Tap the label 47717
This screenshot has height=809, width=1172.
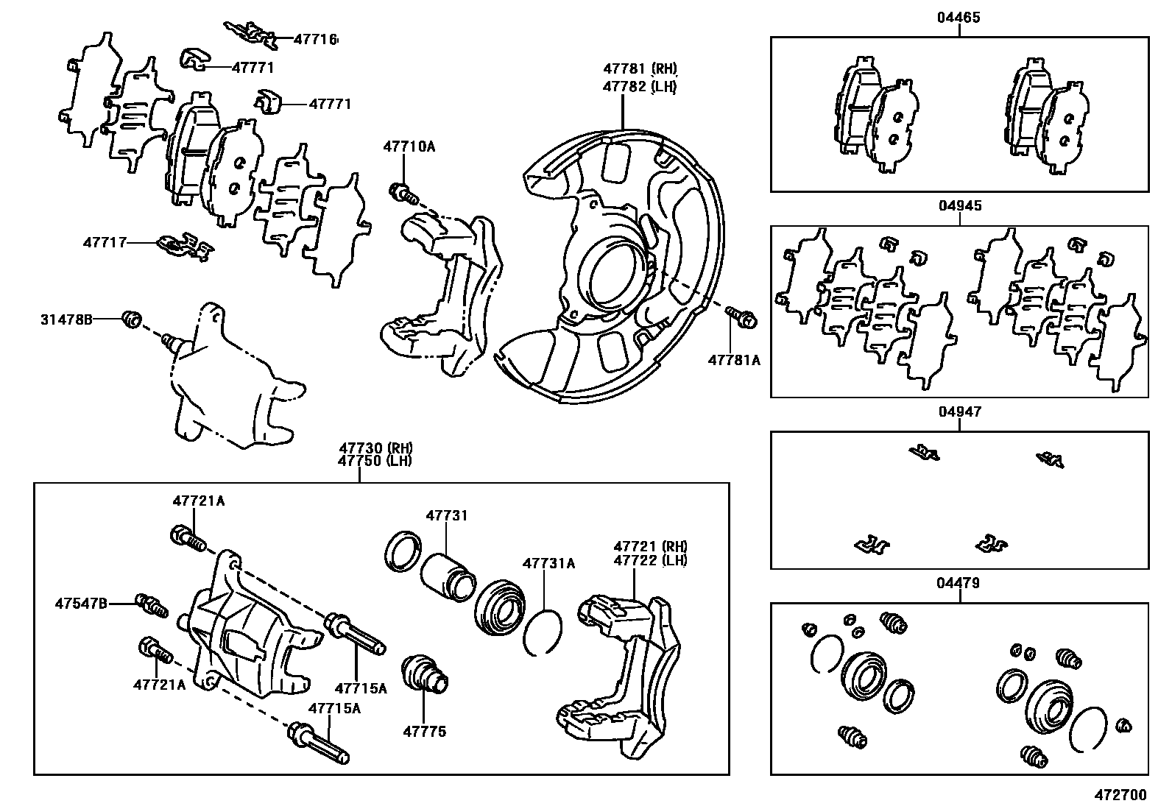click(x=105, y=241)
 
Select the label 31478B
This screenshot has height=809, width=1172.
click(x=66, y=319)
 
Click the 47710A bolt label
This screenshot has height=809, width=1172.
click(x=409, y=146)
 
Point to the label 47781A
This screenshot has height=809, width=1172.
click(x=733, y=360)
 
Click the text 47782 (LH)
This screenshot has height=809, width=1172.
click(x=640, y=85)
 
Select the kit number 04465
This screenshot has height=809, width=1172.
click(x=959, y=18)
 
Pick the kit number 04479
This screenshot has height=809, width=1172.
click(x=959, y=584)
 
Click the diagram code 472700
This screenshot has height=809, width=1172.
click(x=1121, y=795)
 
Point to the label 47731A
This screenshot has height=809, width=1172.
click(x=548, y=564)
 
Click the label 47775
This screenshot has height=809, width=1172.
click(x=424, y=732)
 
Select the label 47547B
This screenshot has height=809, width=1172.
click(x=81, y=604)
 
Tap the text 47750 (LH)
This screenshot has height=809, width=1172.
click(x=375, y=461)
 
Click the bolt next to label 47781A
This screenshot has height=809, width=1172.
click(x=741, y=318)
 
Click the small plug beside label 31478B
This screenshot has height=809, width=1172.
click(x=131, y=320)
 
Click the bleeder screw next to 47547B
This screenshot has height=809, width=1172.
click(x=152, y=606)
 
